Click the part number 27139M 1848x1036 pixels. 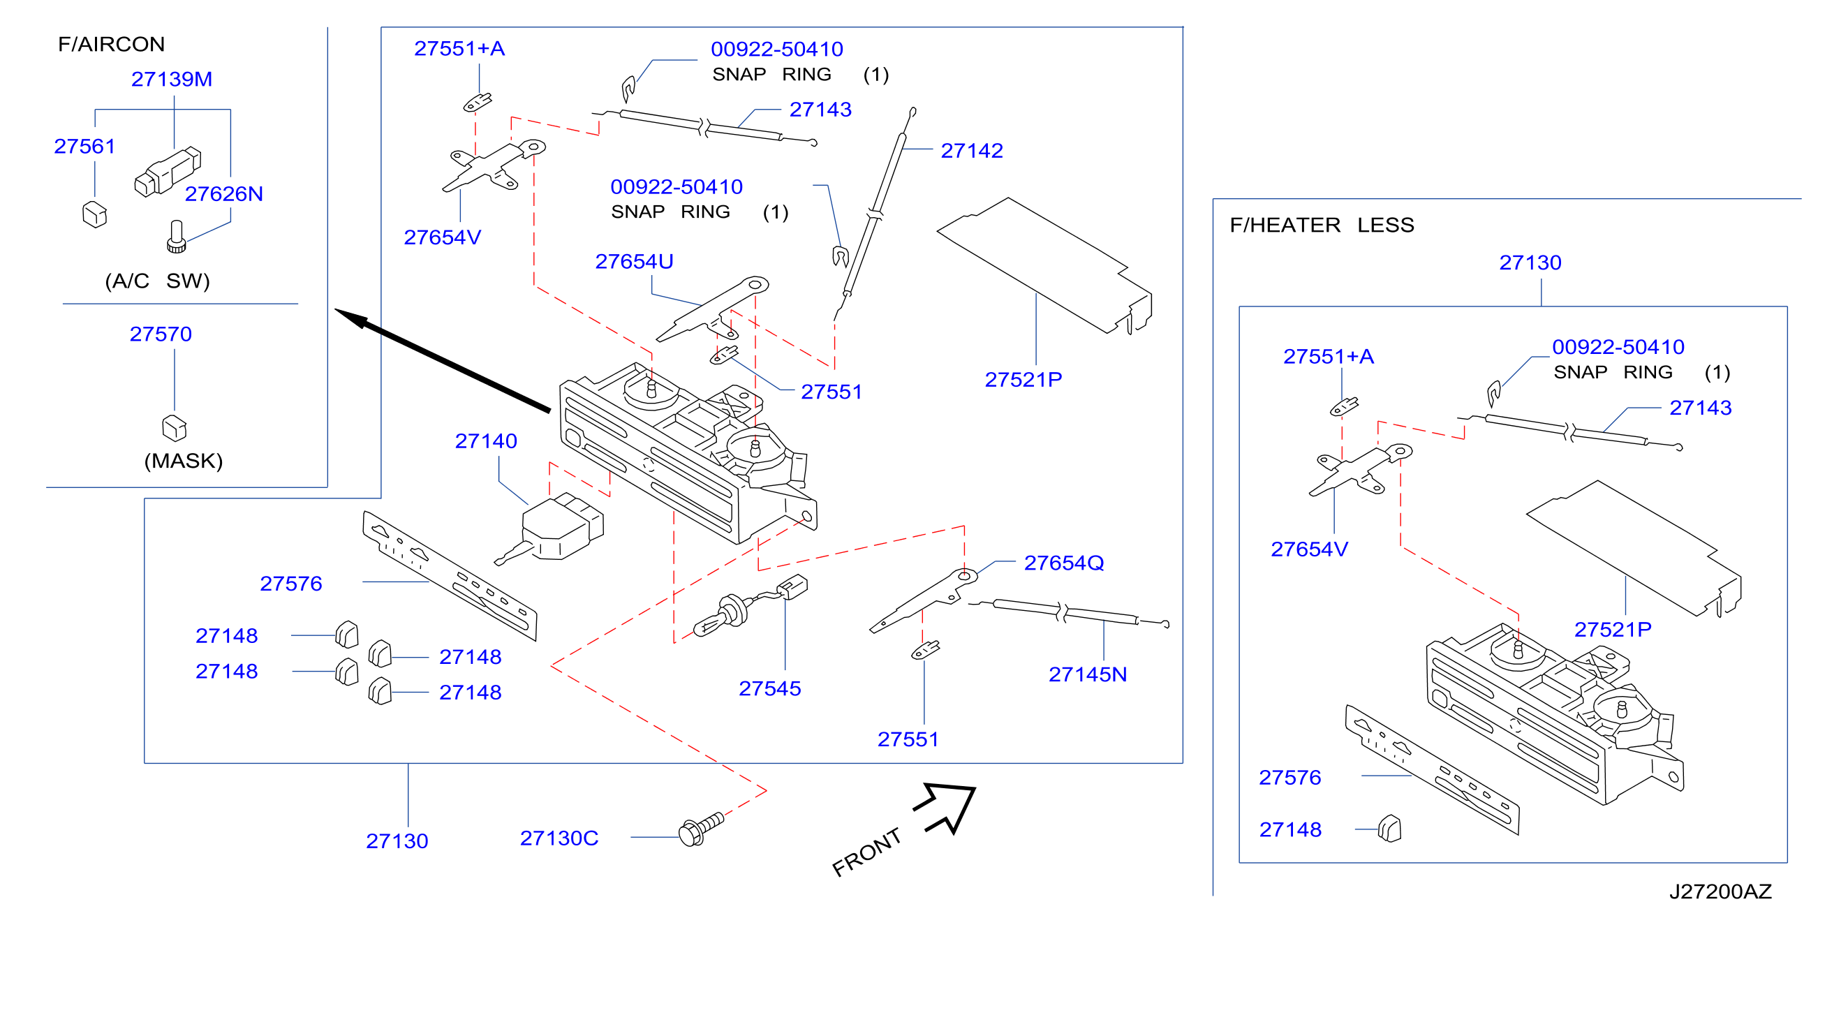point(172,79)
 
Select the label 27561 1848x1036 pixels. point(84,147)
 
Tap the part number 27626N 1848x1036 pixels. point(224,193)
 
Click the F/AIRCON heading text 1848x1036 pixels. point(111,45)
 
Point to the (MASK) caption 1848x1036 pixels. point(184,461)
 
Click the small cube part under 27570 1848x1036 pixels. point(175,428)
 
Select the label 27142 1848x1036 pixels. point(972,151)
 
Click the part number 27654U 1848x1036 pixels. point(634,262)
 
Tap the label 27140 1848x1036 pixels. point(486,441)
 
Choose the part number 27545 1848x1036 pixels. point(770,689)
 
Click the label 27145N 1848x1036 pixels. point(1088,674)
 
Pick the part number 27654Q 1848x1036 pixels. point(1064,563)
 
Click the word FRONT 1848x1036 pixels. point(866,852)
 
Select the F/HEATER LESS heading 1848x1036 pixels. point(1322,225)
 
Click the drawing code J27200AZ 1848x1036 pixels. point(1720,891)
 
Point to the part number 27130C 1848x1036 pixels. point(559,838)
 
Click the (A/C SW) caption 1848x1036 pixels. point(158,281)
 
